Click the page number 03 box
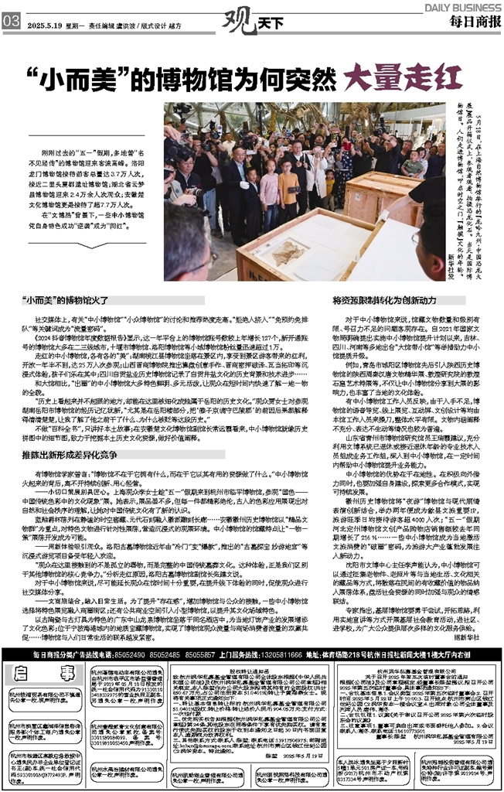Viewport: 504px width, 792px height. [12, 22]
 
